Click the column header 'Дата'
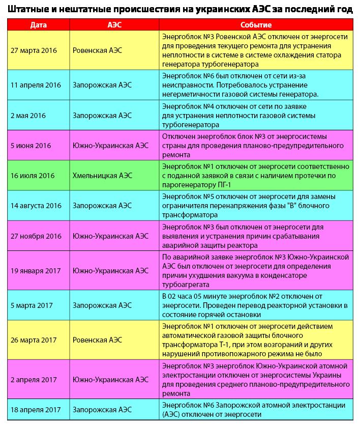coord(39,25)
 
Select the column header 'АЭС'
coord(114,25)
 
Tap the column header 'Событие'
coord(255,25)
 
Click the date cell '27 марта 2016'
coord(34,50)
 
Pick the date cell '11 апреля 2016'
coord(36,85)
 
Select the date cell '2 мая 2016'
coord(28,115)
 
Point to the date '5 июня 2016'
coord(31,145)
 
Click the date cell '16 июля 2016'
coord(33,176)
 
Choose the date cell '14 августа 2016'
coord(36,206)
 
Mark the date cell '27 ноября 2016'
coord(36,236)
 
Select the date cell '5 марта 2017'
coord(32,305)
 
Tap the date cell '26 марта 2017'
coord(34,340)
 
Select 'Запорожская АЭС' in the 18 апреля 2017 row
coord(102,410)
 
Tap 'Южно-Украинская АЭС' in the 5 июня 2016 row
coord(111,145)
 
